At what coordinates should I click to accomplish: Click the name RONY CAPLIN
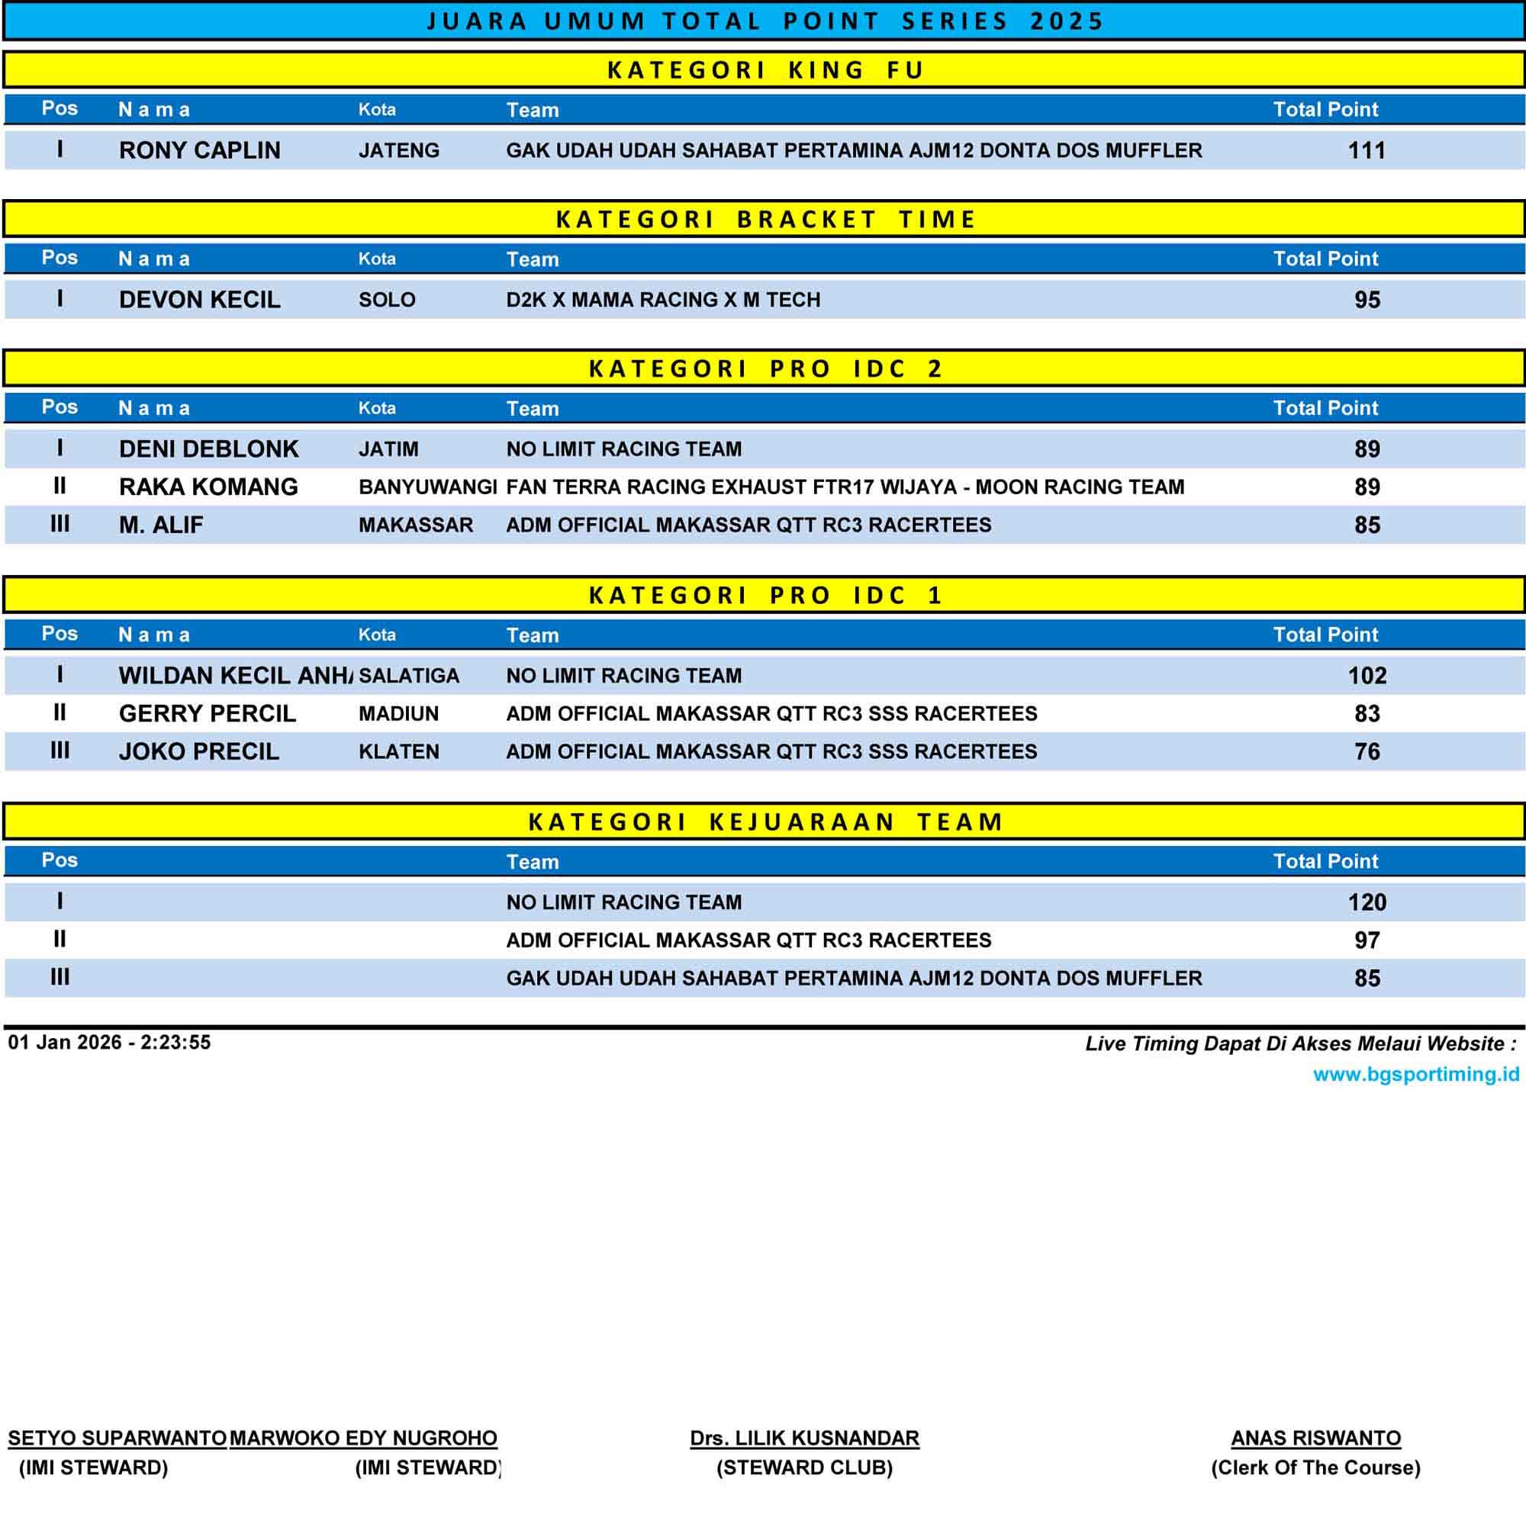pyautogui.click(x=199, y=150)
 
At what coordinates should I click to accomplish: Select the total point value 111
pyautogui.click(x=1367, y=150)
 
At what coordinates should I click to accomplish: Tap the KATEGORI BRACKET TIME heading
pyautogui.click(x=765, y=219)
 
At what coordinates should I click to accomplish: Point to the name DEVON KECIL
pyautogui.click(x=199, y=300)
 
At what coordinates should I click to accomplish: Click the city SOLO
pyautogui.click(x=387, y=300)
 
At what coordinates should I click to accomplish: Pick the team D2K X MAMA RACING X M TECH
pyautogui.click(x=662, y=300)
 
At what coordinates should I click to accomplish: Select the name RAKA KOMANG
pyautogui.click(x=208, y=487)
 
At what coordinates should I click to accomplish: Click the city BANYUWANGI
pyautogui.click(x=427, y=487)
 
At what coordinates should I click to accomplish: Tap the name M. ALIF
pyautogui.click(x=160, y=525)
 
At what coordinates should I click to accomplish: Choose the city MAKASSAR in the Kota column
pyautogui.click(x=416, y=525)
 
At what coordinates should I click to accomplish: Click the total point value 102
pyautogui.click(x=1367, y=676)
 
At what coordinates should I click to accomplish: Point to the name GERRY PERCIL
pyautogui.click(x=208, y=714)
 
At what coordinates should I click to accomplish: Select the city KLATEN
pyautogui.click(x=398, y=751)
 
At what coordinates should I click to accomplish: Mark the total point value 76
pyautogui.click(x=1367, y=751)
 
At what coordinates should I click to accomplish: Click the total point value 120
pyautogui.click(x=1367, y=902)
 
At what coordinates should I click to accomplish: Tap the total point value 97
pyautogui.click(x=1367, y=940)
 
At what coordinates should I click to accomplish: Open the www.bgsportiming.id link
pyautogui.click(x=1415, y=1074)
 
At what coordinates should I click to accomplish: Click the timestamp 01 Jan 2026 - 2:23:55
pyautogui.click(x=109, y=1043)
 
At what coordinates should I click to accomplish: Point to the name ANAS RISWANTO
pyautogui.click(x=1315, y=1438)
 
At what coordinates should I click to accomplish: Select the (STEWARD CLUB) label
pyautogui.click(x=804, y=1468)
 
